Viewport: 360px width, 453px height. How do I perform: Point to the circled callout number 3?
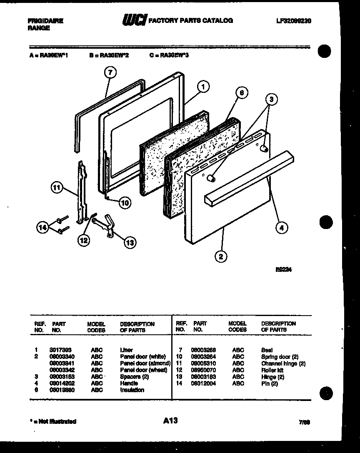[x=271, y=99]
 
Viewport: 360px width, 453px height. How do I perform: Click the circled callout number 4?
[x=282, y=227]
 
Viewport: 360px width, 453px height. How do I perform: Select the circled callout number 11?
[x=56, y=188]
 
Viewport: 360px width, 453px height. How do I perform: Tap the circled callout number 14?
[x=42, y=227]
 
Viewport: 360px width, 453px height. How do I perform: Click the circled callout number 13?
[x=130, y=242]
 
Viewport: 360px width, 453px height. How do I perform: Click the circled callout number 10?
[x=125, y=203]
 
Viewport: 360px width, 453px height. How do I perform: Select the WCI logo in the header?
[x=133, y=20]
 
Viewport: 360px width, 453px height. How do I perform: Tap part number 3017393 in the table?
[x=58, y=350]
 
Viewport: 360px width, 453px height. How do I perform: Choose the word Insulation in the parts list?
[x=132, y=390]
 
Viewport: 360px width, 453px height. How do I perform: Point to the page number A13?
[x=170, y=421]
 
